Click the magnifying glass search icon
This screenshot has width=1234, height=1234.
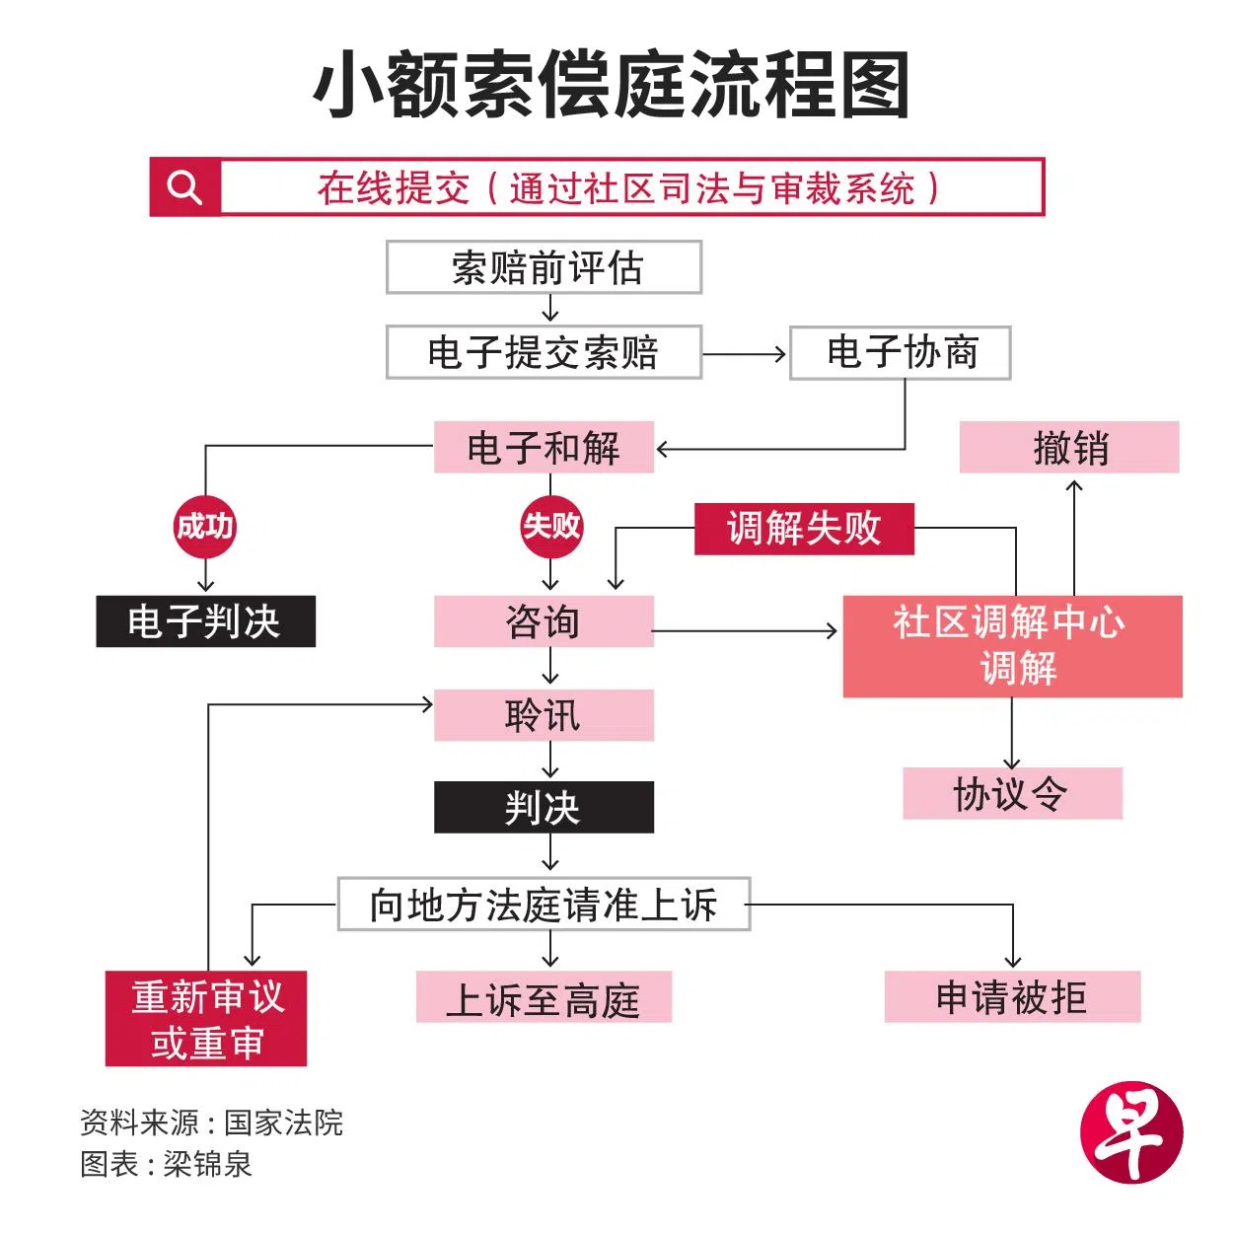184,186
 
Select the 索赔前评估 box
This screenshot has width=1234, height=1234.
544,267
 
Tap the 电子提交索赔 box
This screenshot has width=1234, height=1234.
544,352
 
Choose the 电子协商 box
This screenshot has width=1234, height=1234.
901,352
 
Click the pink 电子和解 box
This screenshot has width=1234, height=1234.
544,448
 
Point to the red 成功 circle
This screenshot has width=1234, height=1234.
205,527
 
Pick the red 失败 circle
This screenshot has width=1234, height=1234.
551,527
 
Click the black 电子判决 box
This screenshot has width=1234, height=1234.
205,621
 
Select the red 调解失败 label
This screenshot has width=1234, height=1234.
804,529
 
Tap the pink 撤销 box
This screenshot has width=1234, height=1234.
1069,448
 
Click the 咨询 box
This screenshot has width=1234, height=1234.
544,621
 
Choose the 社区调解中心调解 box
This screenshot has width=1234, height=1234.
1012,646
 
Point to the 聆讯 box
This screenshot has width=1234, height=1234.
544,715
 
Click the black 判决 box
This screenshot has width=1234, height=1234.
544,807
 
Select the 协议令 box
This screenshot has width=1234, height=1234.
1012,793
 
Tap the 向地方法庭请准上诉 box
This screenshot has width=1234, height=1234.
544,904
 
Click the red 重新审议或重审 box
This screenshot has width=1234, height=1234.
206,1018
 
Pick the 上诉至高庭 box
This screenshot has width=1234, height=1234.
544,997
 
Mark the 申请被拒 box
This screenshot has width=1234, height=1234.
1012,997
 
